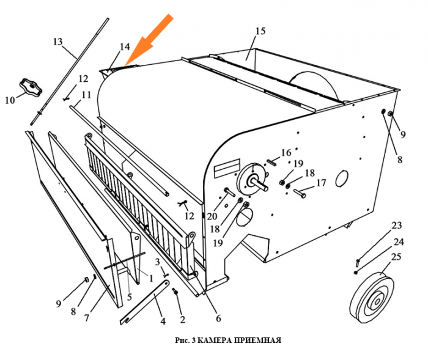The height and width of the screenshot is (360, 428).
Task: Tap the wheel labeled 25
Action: pyautogui.click(x=372, y=297)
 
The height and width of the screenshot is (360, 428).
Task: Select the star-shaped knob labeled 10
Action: pyautogui.click(x=31, y=87)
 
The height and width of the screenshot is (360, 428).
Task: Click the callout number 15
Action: pyautogui.click(x=260, y=31)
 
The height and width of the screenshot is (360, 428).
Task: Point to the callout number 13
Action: pyautogui.click(x=57, y=42)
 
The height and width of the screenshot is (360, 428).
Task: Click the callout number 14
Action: pyautogui.click(x=125, y=46)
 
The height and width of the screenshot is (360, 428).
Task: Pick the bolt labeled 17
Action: pyautogui.click(x=300, y=194)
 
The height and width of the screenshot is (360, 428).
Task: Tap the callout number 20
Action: pyautogui.click(x=212, y=216)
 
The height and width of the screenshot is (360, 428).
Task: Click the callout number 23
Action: pyautogui.click(x=397, y=226)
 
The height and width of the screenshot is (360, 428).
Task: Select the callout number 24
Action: pyautogui.click(x=399, y=241)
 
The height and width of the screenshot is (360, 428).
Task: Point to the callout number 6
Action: pyautogui.click(x=218, y=318)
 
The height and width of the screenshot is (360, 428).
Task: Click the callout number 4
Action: pyautogui.click(x=163, y=321)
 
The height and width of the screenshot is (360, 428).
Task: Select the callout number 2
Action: pyautogui.click(x=182, y=320)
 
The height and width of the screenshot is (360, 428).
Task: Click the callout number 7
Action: pyautogui.click(x=87, y=318)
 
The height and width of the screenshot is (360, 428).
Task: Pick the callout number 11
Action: pyautogui.click(x=86, y=95)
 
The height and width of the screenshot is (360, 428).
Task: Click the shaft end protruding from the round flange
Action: pyautogui.click(x=262, y=185)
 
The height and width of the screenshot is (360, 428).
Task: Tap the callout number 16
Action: pyautogui.click(x=286, y=153)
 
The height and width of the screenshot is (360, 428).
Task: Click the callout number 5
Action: pyautogui.click(x=130, y=296)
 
